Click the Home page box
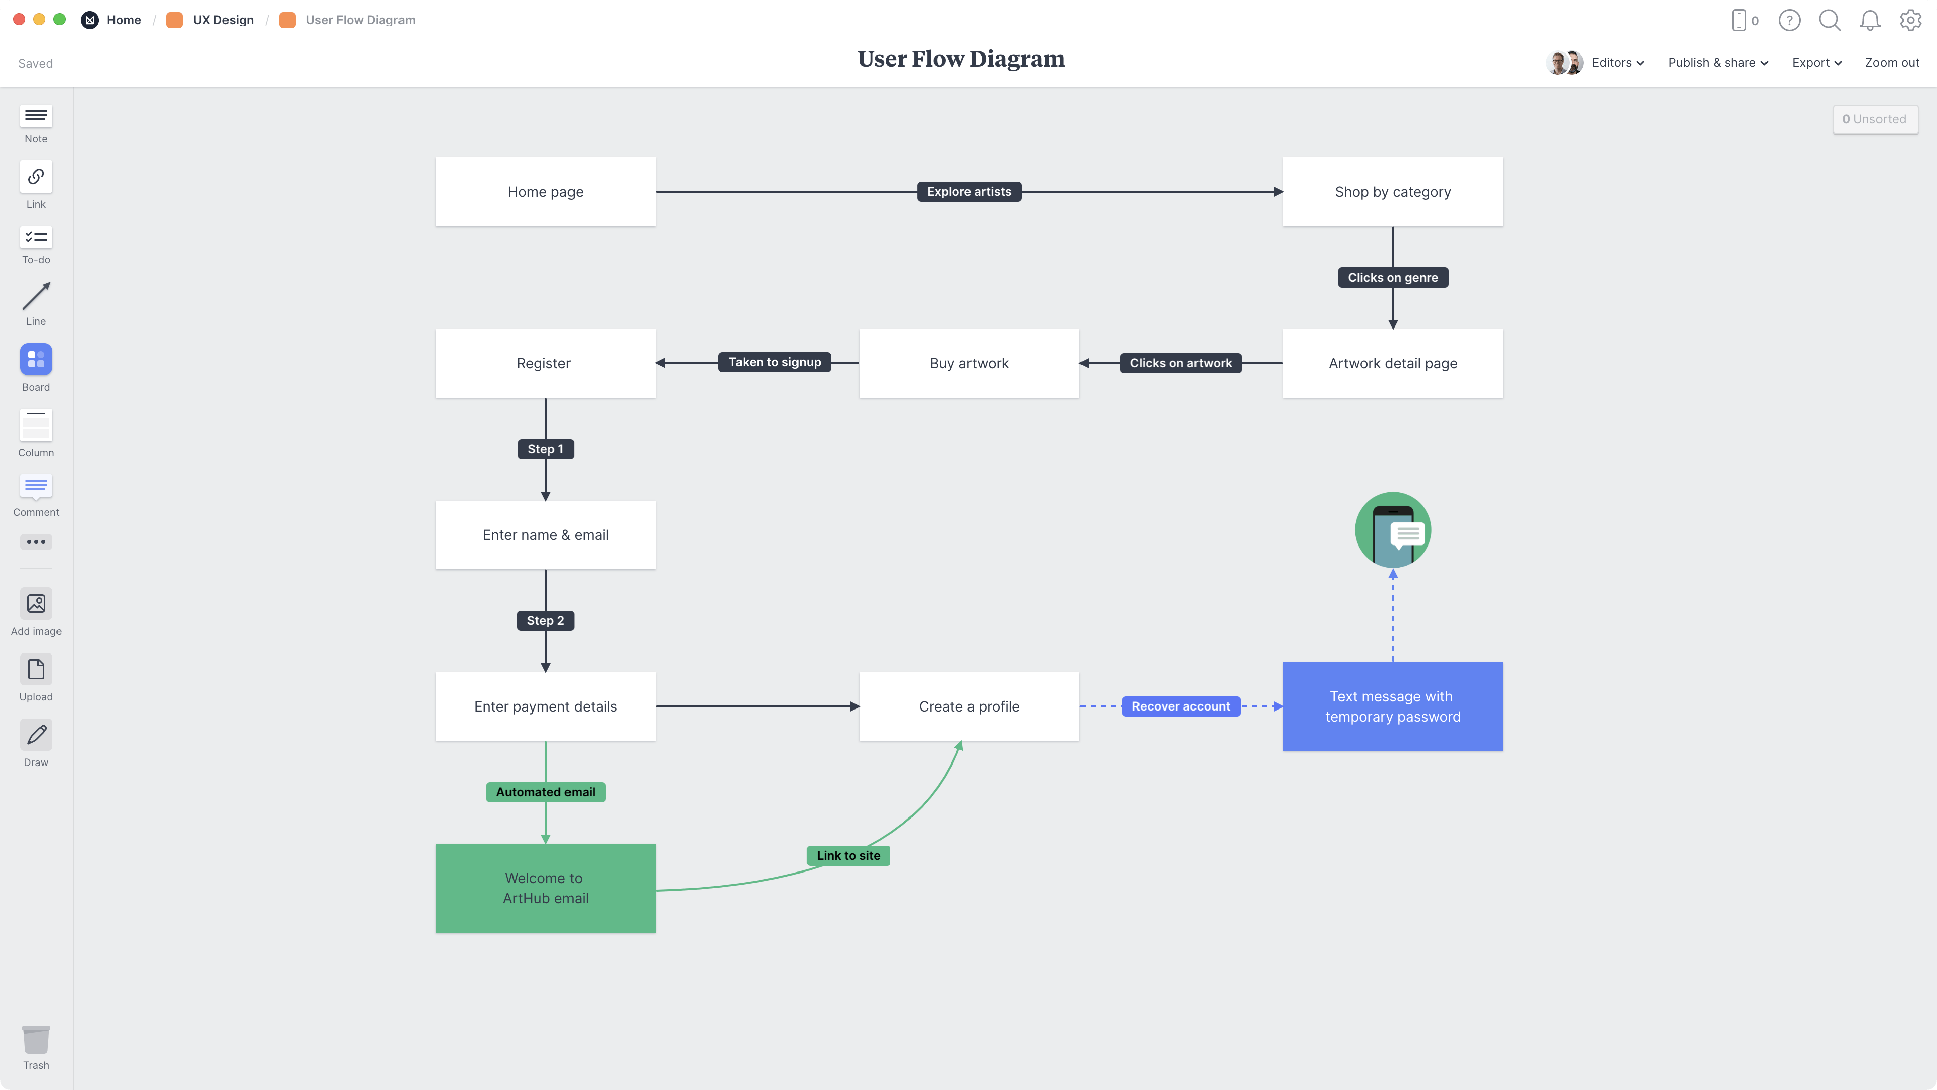tap(545, 192)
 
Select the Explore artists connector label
tap(968, 192)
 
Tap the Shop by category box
tap(1392, 192)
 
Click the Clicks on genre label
tap(1392, 278)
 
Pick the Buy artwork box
tap(968, 363)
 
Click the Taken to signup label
tap(774, 363)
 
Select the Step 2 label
tap(545, 621)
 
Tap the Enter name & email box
tap(545, 535)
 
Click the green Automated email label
tap(545, 792)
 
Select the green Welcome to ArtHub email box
tap(545, 888)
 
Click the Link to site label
tap(847, 856)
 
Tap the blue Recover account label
tap(1180, 706)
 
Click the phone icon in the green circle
tap(1392, 530)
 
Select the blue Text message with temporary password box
tap(1392, 706)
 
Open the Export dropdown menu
tap(1816, 63)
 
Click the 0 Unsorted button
tap(1874, 119)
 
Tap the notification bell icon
tap(1869, 20)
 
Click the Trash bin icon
tap(36, 1041)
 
